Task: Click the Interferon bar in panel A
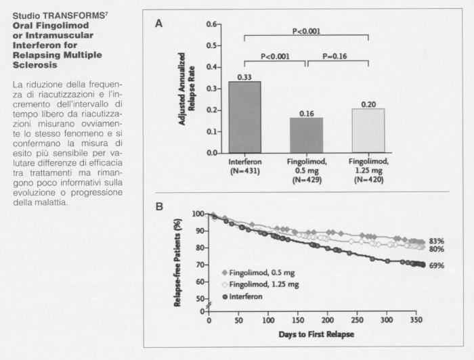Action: [245, 117]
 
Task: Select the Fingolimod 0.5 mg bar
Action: [307, 135]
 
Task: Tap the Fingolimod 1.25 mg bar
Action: [368, 131]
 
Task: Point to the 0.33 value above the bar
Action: [244, 77]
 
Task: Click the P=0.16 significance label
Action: [335, 56]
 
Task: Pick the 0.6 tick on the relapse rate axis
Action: [211, 24]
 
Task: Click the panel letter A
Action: [158, 24]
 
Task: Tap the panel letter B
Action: [159, 206]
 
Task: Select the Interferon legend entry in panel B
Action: [242, 296]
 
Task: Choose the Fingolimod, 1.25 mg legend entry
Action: [260, 284]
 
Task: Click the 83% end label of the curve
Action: [437, 242]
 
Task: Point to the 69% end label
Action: [437, 266]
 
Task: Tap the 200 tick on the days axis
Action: [327, 320]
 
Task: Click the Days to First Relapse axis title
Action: [316, 334]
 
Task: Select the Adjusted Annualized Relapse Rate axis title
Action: [186, 89]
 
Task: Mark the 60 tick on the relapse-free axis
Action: [199, 282]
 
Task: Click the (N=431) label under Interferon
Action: [245, 171]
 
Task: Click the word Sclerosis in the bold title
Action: [35, 65]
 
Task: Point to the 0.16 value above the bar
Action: [307, 114]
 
